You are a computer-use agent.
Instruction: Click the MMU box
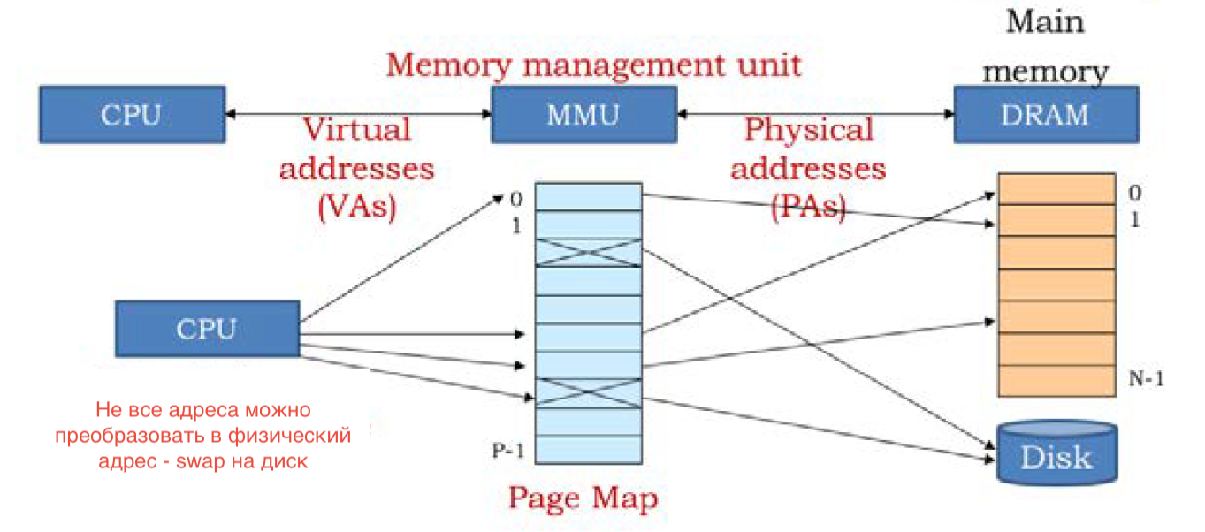point(584,115)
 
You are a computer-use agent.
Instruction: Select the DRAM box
point(1046,115)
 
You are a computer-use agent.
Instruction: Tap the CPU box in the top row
point(133,115)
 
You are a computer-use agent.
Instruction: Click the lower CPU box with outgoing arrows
point(208,329)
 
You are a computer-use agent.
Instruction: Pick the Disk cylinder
point(1057,452)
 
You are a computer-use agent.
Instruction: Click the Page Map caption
point(583,498)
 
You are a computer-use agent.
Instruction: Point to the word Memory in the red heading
point(448,66)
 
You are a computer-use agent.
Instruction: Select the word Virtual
point(357,129)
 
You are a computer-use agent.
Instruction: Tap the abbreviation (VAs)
point(357,207)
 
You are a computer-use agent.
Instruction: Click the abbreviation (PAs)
point(809,207)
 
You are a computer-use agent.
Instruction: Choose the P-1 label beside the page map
point(507,450)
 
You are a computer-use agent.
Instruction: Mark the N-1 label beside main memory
point(1146,379)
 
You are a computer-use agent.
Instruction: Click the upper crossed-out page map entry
point(589,252)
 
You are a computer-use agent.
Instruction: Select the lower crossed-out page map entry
point(589,393)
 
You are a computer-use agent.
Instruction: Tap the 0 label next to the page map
point(516,200)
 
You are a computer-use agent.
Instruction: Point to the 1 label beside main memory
point(1135,219)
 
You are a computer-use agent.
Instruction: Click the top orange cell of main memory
point(1056,189)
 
